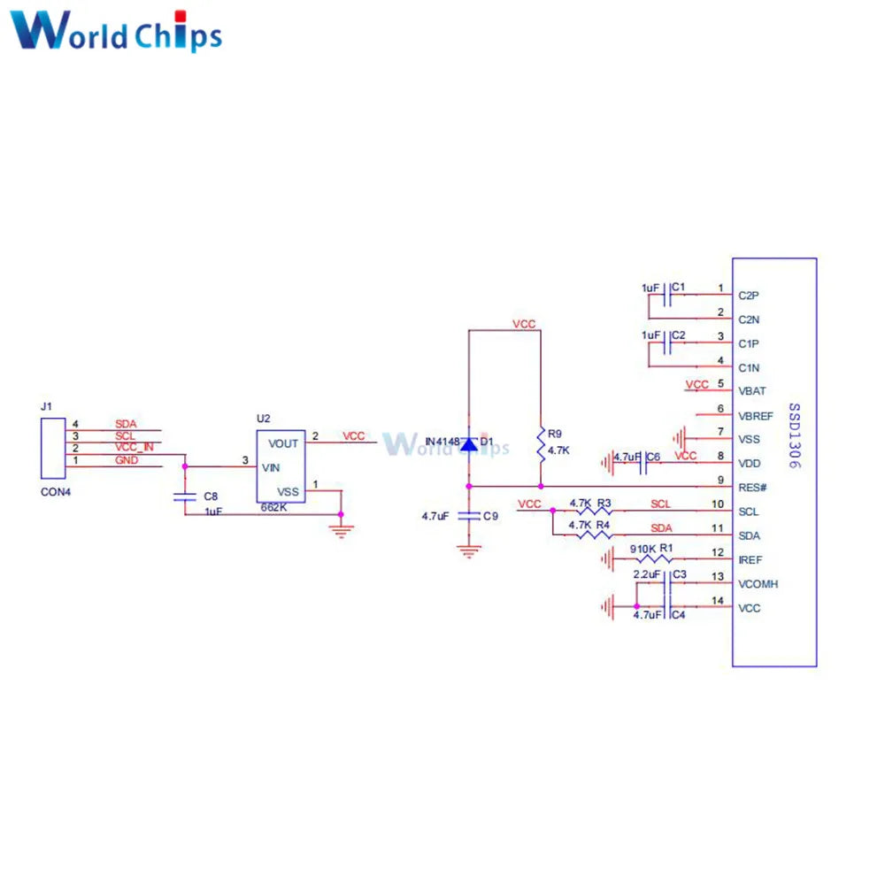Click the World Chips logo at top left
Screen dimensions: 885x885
pos(116,32)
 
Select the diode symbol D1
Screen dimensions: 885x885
pos(469,444)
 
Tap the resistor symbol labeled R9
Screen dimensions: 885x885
pos(540,444)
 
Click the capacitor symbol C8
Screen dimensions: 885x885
pos(184,497)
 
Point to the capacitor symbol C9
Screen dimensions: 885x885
pos(469,515)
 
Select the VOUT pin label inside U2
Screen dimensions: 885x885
pos(283,443)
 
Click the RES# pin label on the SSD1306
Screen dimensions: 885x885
pos(751,487)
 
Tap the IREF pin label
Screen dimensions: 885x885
pos(750,560)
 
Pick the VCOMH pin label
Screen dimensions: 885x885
pos(757,584)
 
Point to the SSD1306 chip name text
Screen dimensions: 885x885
pos(794,436)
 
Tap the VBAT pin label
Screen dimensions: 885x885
pos(751,390)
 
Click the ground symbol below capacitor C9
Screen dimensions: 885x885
pos(469,550)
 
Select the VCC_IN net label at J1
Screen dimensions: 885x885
pos(135,448)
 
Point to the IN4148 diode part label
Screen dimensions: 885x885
pos(441,442)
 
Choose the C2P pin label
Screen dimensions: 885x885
pos(749,295)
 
